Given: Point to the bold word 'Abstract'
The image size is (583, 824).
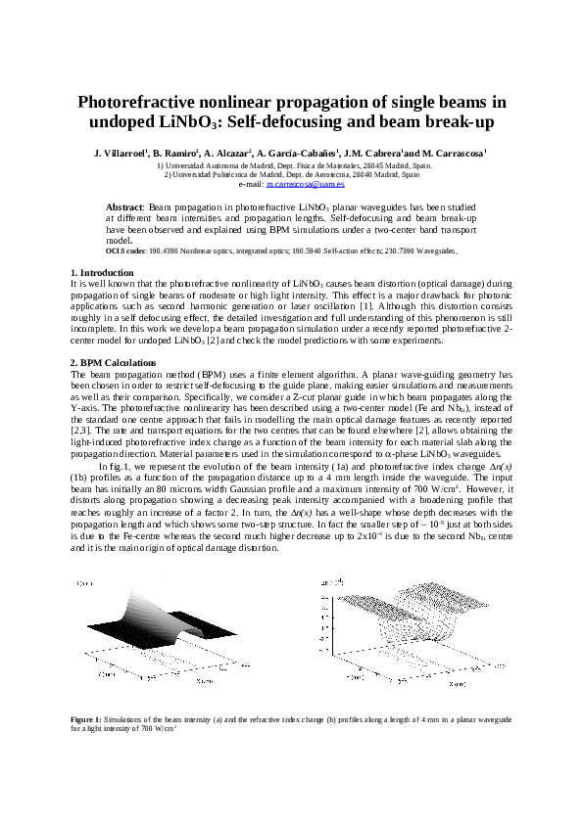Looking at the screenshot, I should [x=124, y=208].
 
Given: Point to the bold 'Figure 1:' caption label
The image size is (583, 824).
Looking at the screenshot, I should [x=85, y=719].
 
